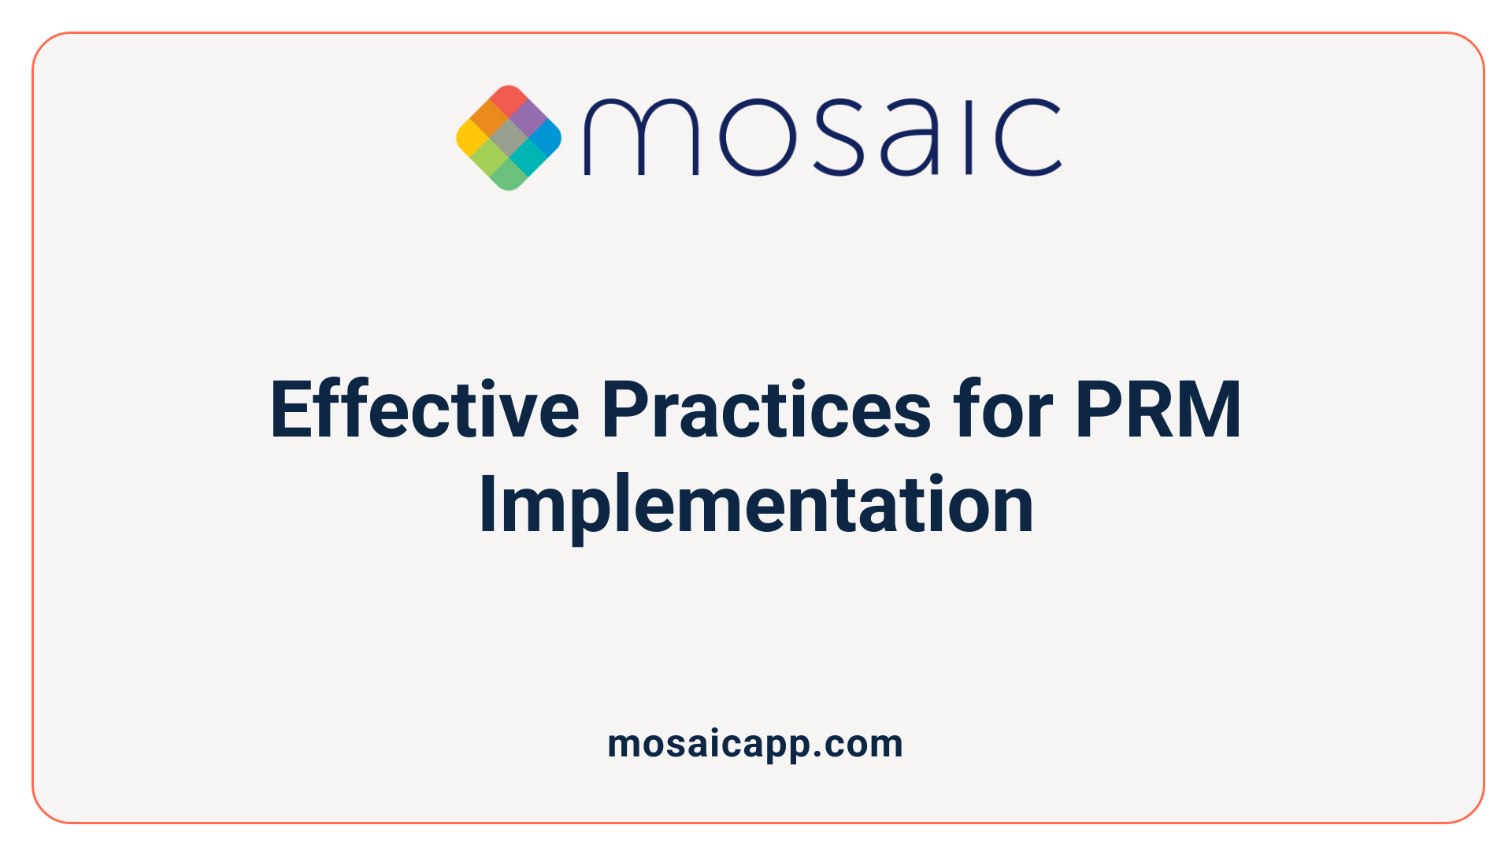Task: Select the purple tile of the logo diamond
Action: click(x=528, y=118)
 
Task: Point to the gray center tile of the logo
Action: click(x=509, y=138)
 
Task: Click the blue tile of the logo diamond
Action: click(x=546, y=138)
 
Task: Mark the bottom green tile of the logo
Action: click(x=509, y=176)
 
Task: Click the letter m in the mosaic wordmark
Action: click(x=641, y=136)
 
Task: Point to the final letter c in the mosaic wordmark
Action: click(x=1028, y=136)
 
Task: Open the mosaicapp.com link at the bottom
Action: click(x=755, y=744)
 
